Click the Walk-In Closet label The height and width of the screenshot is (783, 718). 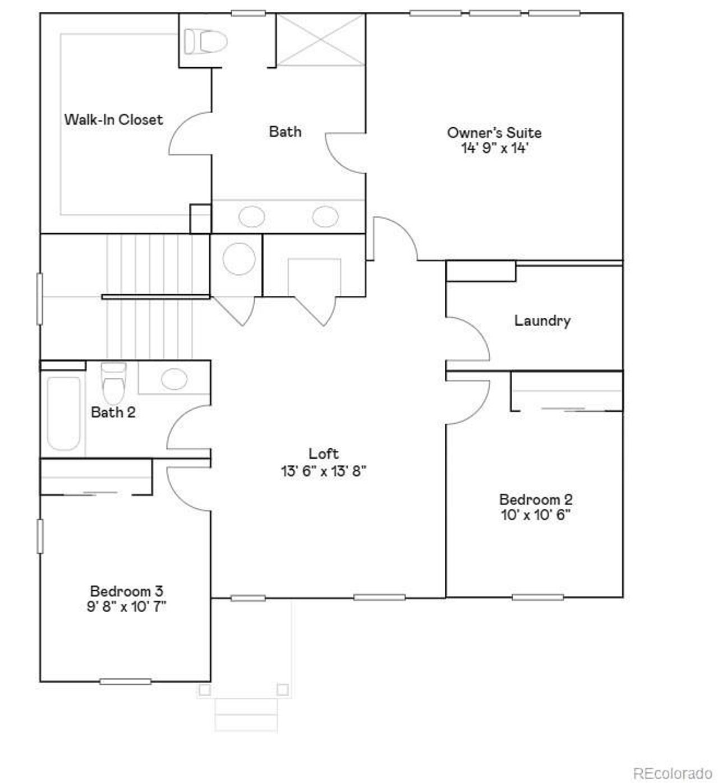pos(113,119)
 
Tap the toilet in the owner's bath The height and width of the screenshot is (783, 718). pos(205,41)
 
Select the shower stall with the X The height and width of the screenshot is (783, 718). pos(321,39)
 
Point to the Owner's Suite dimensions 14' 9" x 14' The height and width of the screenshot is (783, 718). pos(494,149)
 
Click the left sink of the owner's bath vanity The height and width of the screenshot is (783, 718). pos(252,216)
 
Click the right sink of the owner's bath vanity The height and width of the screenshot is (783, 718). pos(325,216)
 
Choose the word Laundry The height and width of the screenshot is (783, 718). pos(542,321)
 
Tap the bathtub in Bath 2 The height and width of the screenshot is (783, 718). pos(63,413)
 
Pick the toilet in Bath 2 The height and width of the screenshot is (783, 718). pos(113,382)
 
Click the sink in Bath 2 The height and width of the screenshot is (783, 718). pos(174,379)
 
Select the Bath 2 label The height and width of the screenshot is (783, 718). pos(113,413)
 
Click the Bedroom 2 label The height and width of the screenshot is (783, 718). pos(536,499)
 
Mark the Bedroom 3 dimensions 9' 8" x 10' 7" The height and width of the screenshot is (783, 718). pos(127,606)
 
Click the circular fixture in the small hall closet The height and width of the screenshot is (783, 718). pos(240,259)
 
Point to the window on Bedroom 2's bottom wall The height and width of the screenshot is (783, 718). pos(537,597)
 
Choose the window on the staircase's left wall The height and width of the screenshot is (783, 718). pos(40,298)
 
